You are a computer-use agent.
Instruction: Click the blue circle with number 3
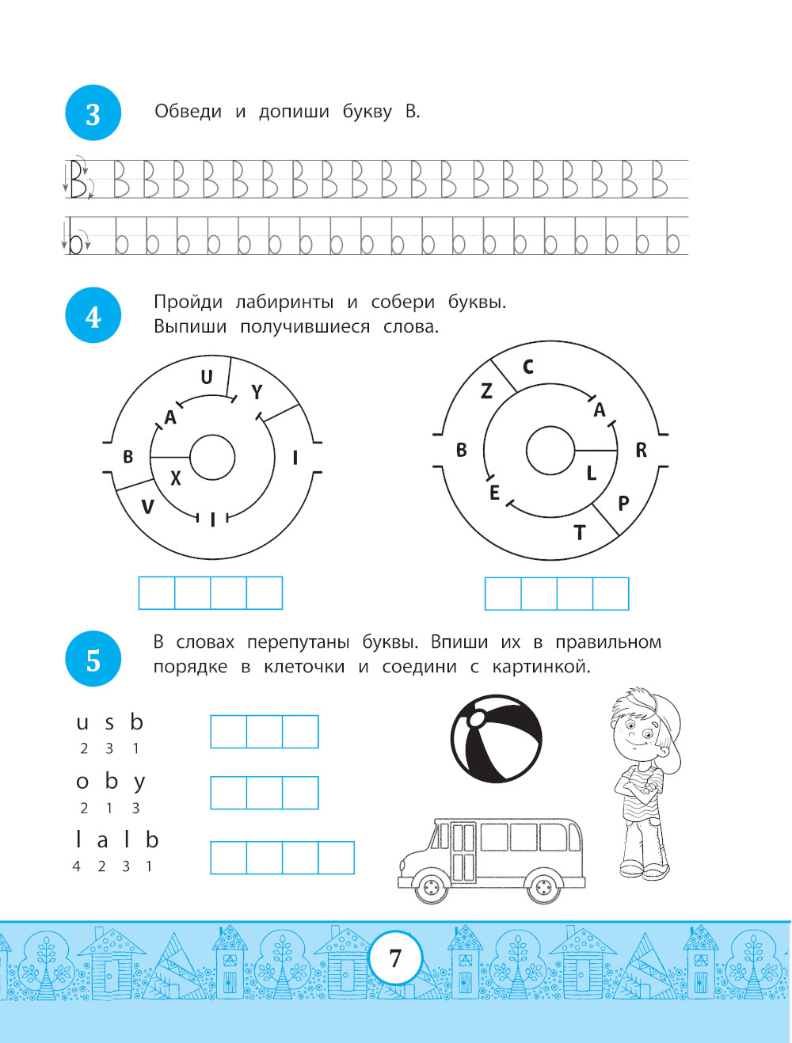[x=93, y=112]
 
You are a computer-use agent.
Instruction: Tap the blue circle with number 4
[x=93, y=315]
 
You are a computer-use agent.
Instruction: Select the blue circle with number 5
[x=93, y=659]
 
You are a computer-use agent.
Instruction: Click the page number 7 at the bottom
[x=395, y=958]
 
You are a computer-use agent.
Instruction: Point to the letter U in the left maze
[x=206, y=377]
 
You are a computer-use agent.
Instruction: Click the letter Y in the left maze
[x=257, y=393]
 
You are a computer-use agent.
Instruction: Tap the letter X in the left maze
[x=176, y=478]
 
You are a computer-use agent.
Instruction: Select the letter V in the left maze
[x=148, y=507]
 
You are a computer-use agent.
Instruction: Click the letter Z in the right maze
[x=486, y=391]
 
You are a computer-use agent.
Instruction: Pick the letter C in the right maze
[x=527, y=367]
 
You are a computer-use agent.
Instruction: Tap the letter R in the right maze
[x=641, y=450]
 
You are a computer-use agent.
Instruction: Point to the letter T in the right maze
[x=579, y=533]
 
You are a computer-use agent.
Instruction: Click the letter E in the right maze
[x=494, y=493]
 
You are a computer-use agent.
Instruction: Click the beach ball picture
[x=496, y=739]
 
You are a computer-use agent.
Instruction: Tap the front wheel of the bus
[x=432, y=886]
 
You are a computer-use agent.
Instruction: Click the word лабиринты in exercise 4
[x=284, y=303]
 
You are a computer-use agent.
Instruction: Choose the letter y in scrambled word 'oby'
[x=139, y=783]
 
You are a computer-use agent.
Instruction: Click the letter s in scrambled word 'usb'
[x=109, y=723]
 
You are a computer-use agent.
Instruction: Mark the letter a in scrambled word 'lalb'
[x=102, y=842]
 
